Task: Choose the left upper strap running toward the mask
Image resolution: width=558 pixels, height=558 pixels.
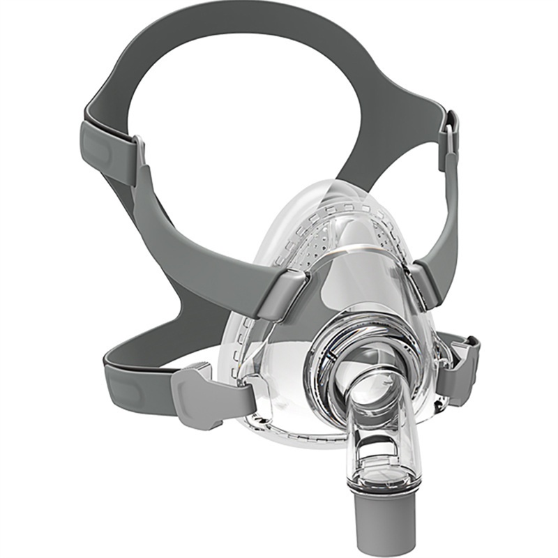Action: click(x=195, y=230)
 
